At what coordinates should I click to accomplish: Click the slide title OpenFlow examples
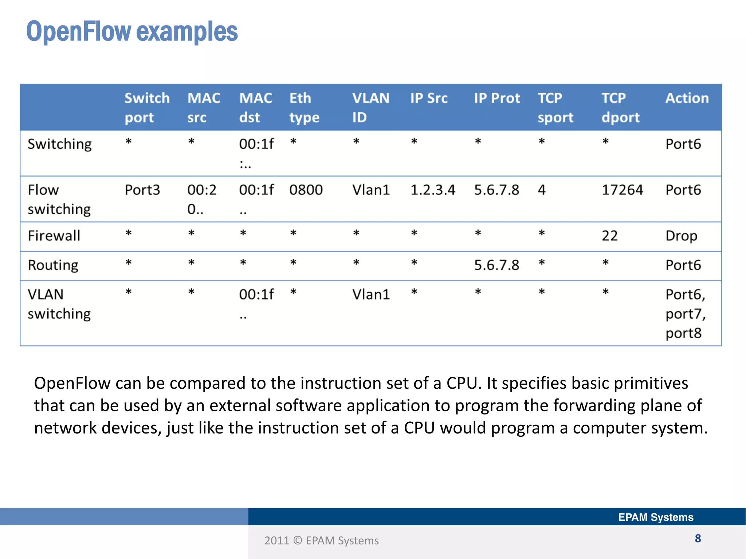(x=132, y=32)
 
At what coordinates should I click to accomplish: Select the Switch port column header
(x=147, y=108)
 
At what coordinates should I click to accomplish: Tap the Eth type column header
(x=304, y=108)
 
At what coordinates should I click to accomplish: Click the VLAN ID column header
(x=370, y=108)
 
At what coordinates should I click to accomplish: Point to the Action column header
(x=687, y=98)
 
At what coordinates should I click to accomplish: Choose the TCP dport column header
(x=620, y=108)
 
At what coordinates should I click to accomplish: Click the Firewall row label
(x=54, y=236)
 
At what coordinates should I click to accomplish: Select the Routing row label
(x=53, y=265)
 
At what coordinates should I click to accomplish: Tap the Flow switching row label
(x=59, y=199)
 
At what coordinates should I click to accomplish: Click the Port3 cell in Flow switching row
(x=142, y=190)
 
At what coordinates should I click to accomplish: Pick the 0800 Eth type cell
(x=306, y=190)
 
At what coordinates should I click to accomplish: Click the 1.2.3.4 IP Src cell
(x=432, y=190)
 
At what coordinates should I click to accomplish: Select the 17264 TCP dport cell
(x=622, y=190)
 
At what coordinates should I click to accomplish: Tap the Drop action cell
(x=681, y=236)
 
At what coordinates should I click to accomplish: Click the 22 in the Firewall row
(x=609, y=236)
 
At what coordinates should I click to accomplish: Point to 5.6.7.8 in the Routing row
(x=496, y=265)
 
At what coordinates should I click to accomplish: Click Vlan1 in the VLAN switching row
(x=371, y=294)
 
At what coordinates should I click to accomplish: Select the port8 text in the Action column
(x=683, y=333)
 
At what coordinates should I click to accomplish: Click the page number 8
(x=698, y=539)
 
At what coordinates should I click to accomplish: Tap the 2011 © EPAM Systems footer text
(x=321, y=541)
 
